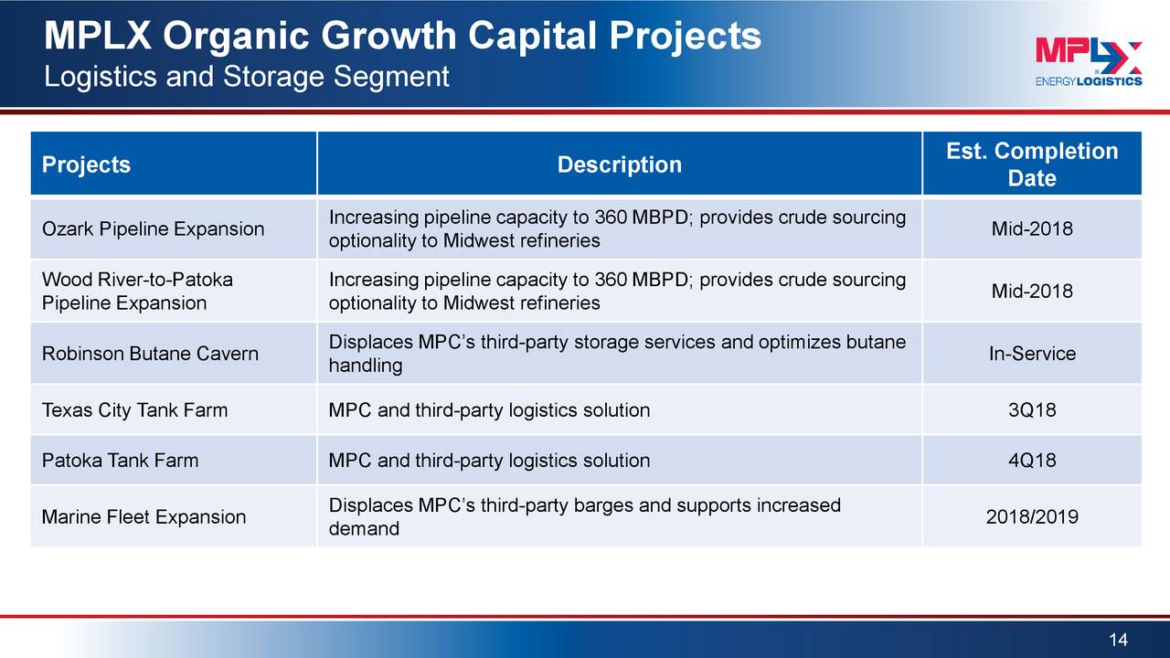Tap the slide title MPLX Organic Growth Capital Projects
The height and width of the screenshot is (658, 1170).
click(402, 37)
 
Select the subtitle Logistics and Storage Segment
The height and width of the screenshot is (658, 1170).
click(247, 76)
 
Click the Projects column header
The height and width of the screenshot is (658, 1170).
click(86, 164)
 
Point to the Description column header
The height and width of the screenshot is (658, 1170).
click(620, 164)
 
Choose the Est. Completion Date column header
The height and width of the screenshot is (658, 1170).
click(1032, 164)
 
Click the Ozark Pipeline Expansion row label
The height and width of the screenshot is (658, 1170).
click(153, 228)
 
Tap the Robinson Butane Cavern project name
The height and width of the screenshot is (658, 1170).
click(150, 354)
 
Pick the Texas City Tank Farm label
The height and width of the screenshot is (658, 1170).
click(134, 410)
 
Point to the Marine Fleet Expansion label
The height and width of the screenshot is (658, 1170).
click(144, 516)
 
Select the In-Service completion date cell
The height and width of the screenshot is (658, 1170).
click(1032, 354)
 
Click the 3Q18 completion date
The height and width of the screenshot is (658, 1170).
click(1032, 410)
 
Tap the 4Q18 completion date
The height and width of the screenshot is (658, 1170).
click(1032, 460)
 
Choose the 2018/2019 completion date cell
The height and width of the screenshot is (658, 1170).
click(1032, 516)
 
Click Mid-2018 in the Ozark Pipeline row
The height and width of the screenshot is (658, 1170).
click(1032, 228)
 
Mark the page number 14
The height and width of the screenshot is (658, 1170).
click(1118, 640)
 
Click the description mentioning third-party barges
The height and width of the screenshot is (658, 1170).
click(585, 516)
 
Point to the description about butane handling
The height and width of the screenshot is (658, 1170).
click(617, 354)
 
